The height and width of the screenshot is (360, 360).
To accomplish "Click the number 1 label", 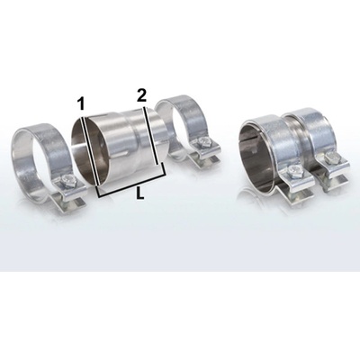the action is click(x=81, y=104).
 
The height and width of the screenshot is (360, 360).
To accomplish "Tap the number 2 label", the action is click(x=141, y=95).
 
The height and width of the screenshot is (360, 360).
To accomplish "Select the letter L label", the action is click(x=139, y=193).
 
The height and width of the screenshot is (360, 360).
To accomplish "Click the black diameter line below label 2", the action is click(x=150, y=135).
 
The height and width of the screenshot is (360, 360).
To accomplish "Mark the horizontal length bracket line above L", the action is click(x=131, y=185).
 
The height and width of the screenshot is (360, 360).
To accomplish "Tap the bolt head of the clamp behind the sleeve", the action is click(x=204, y=141).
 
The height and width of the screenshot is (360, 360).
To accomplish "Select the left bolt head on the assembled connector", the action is click(x=292, y=171).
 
